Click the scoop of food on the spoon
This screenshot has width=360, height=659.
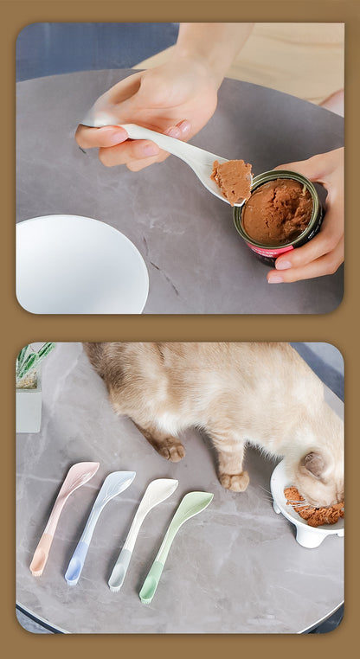pos(232,180)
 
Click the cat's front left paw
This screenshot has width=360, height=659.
pos(170,449)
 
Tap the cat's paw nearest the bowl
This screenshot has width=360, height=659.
pos(234,480)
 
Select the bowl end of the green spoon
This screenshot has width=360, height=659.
pos(193,505)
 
